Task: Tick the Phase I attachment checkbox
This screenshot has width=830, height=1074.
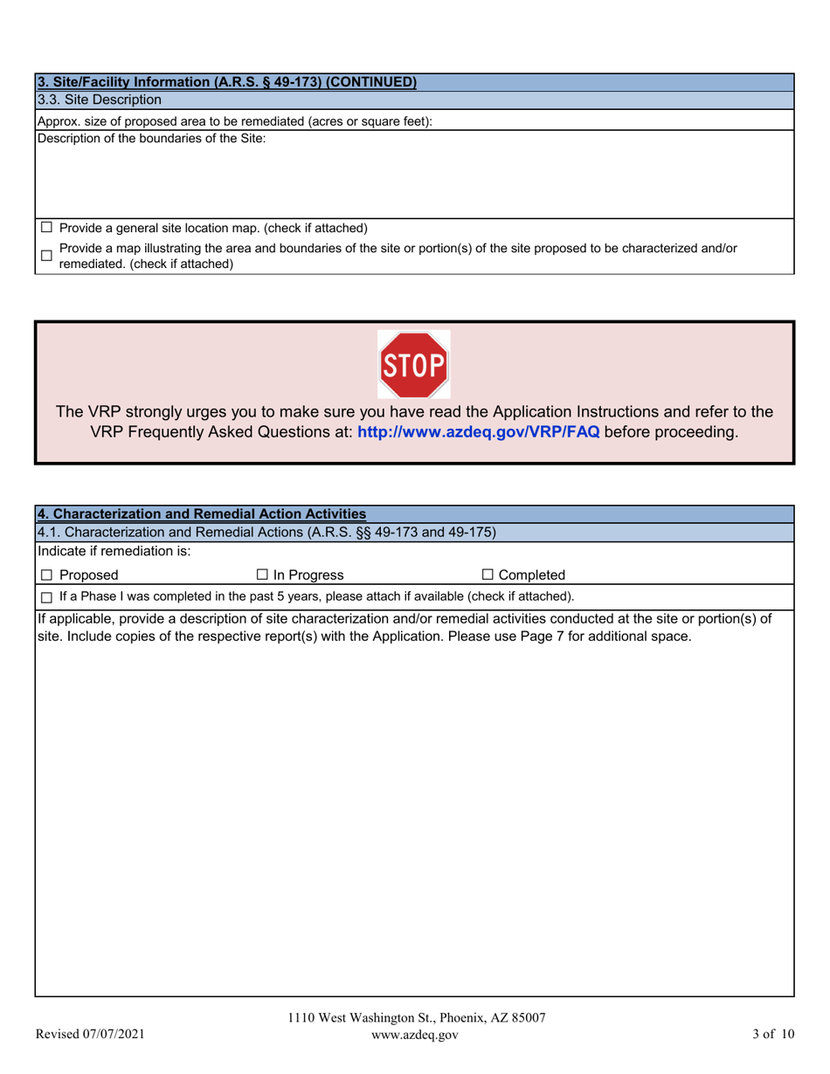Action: (46, 597)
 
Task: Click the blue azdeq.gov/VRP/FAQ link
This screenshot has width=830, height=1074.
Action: (479, 432)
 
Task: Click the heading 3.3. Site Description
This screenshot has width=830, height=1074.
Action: (99, 100)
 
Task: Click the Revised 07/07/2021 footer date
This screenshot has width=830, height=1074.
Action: (89, 1035)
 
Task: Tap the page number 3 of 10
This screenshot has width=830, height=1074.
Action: (773, 1035)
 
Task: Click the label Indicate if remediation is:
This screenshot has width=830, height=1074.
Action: (114, 551)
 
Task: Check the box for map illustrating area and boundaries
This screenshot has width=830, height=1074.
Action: (46, 256)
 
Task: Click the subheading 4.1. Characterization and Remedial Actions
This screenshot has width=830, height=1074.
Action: (266, 531)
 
